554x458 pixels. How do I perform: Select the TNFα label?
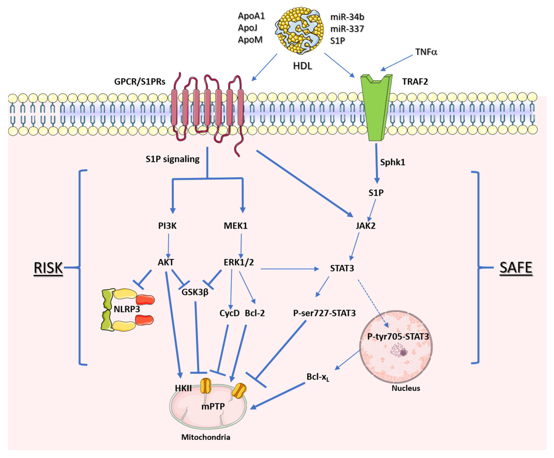(426, 52)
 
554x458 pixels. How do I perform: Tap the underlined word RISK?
(48, 268)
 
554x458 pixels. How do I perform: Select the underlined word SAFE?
(516, 268)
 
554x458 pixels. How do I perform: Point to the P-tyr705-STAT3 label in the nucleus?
(398, 337)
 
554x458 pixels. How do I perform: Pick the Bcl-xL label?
(318, 377)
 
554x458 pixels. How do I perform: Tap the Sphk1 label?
(392, 162)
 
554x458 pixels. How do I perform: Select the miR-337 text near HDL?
(347, 29)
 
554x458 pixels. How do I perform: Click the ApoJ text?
(248, 28)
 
